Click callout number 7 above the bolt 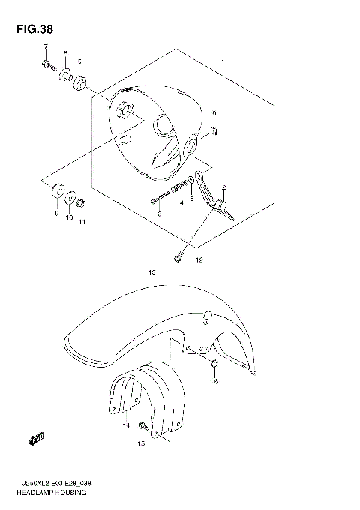pyautogui.click(x=45, y=48)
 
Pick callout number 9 pyautogui.click(x=55, y=214)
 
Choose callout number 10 pyautogui.click(x=70, y=218)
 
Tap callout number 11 pyautogui.click(x=82, y=222)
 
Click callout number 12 pyautogui.click(x=199, y=261)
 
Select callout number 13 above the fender pyautogui.click(x=151, y=274)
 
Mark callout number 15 pyautogui.click(x=140, y=443)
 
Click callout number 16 pyautogui.click(x=214, y=381)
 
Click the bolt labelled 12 pyautogui.click(x=178, y=259)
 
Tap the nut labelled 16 pyautogui.click(x=214, y=365)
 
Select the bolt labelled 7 pyautogui.click(x=47, y=65)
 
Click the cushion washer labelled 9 pyautogui.click(x=56, y=194)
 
